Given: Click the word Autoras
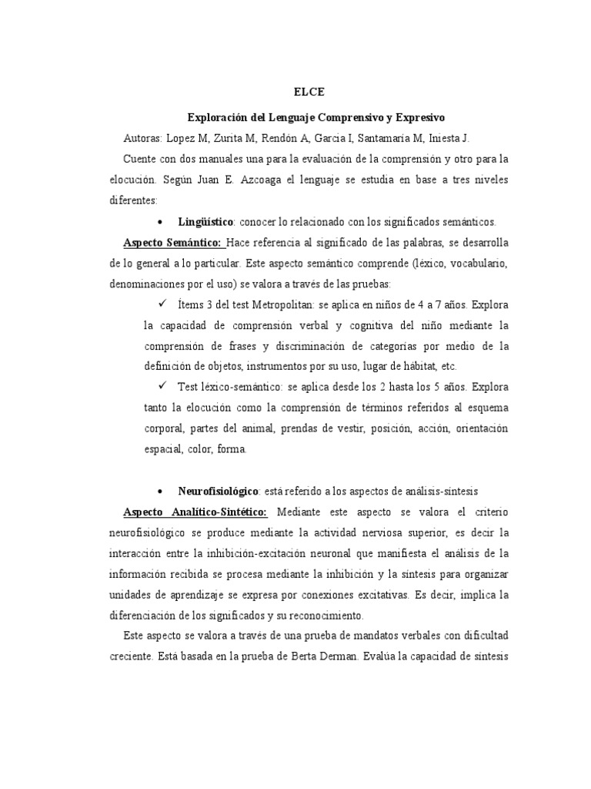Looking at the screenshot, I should point(143,138).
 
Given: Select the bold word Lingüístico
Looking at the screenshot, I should point(205,221).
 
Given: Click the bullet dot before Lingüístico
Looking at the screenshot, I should point(158,221).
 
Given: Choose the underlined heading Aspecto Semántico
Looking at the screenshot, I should point(173,243).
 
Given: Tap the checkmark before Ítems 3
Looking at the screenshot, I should point(162,304).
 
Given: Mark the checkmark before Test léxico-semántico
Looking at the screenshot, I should point(162,386).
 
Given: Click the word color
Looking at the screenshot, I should point(193,448).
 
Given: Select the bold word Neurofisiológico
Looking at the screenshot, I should point(218,491).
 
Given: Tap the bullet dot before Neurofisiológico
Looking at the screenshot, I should point(158,491).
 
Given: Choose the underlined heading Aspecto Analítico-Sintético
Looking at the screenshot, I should point(195,512).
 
